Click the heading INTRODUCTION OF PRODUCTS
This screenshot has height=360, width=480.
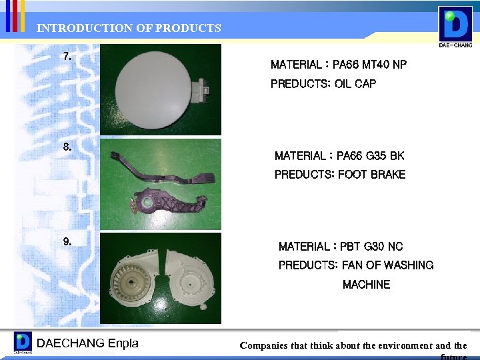coord(129,28)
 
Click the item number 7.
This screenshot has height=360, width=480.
coord(67,56)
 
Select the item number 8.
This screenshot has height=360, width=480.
coord(67,147)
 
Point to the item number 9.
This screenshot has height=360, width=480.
coord(67,241)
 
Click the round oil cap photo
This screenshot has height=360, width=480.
coord(151,87)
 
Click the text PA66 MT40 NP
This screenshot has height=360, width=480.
coord(370,65)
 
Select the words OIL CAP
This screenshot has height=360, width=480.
coord(355,84)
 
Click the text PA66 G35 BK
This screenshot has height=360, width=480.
coord(370,156)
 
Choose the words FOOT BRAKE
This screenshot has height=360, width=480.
coord(371,175)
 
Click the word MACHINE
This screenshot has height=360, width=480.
coord(366,285)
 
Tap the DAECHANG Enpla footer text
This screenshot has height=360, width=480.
coord(87,343)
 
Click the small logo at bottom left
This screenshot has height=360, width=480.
coord(23,343)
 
